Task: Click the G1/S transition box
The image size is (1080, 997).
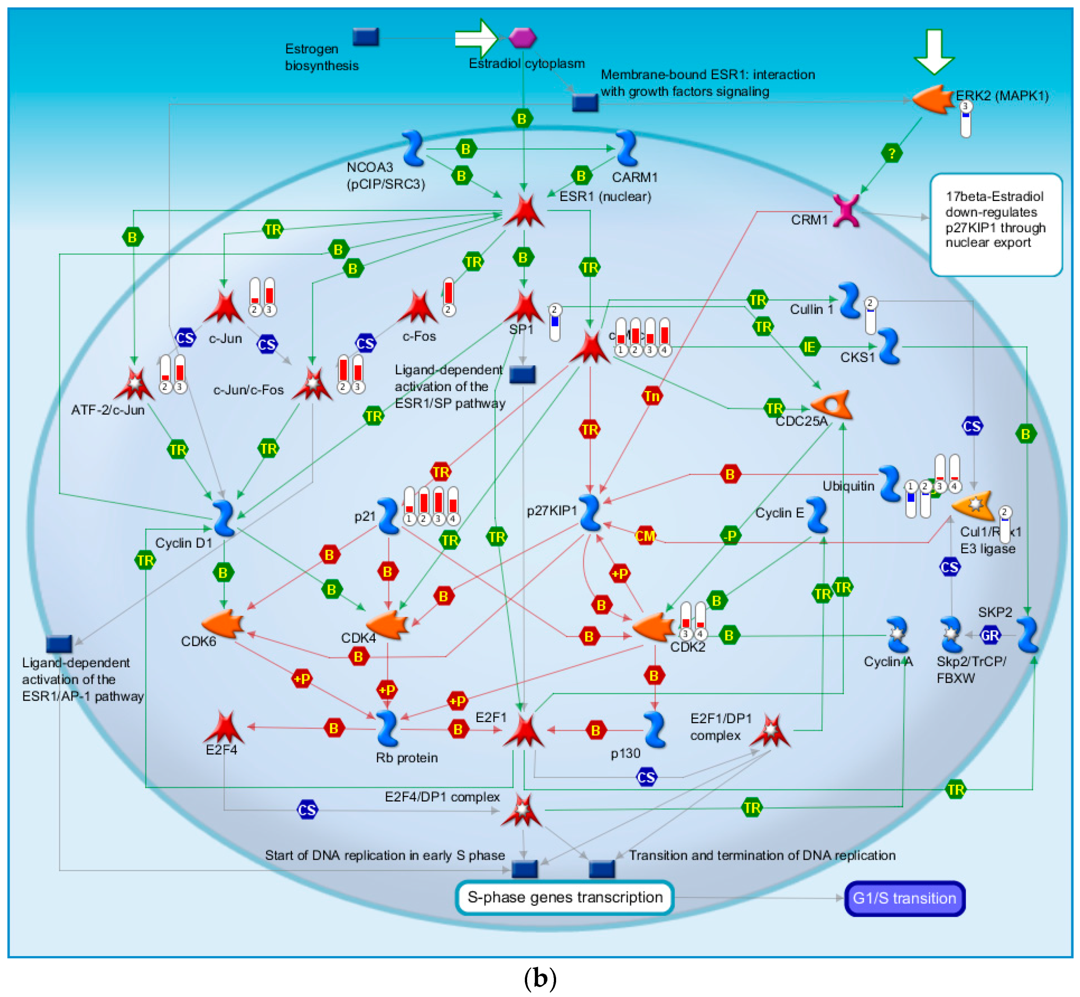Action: tap(904, 898)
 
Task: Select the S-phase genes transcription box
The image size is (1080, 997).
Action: tap(564, 897)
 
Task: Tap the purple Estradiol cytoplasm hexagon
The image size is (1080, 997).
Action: tap(522, 38)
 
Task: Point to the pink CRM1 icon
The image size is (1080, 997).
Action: tap(846, 210)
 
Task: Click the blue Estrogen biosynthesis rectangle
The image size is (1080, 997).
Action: tap(366, 37)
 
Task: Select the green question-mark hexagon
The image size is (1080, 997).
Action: tap(892, 153)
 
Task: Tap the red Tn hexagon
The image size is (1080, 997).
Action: tap(652, 397)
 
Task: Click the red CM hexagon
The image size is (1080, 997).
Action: tap(645, 536)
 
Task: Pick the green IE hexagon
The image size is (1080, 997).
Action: tap(809, 347)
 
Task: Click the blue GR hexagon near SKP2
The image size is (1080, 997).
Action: tap(990, 635)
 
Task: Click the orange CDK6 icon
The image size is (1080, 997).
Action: tap(222, 624)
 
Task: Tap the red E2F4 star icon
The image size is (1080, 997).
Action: tap(223, 727)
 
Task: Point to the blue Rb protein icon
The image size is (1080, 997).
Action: tap(387, 728)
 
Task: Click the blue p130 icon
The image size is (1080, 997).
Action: tap(655, 729)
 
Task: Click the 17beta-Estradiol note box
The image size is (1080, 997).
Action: tap(996, 224)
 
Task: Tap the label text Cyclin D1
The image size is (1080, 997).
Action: tap(184, 543)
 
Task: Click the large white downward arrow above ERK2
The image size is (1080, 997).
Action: tap(934, 51)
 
